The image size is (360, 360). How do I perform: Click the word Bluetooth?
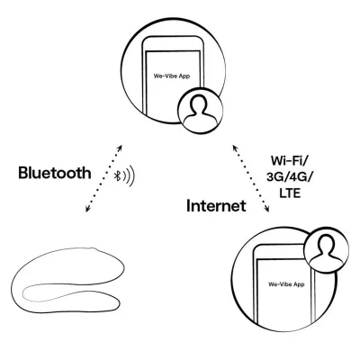pyautogui.click(x=55, y=173)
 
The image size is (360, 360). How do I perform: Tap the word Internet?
pyautogui.click(x=216, y=206)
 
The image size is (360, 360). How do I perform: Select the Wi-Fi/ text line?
pyautogui.click(x=289, y=161)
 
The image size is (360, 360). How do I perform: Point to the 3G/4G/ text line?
pyautogui.click(x=289, y=177)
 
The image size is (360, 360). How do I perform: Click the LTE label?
pyautogui.click(x=290, y=193)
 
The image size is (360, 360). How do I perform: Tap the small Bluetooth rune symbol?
pyautogui.click(x=118, y=175)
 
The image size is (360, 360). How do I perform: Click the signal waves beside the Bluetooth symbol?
pyautogui.click(x=130, y=175)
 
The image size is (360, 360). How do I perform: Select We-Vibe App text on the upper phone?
pyautogui.click(x=172, y=76)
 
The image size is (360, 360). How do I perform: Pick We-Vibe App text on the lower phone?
pyautogui.click(x=286, y=284)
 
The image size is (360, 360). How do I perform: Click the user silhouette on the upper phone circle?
pyautogui.click(x=199, y=112)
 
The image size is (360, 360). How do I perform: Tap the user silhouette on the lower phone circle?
pyautogui.click(x=328, y=250)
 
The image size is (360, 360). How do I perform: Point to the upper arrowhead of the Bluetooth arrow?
pyautogui.click(x=120, y=148)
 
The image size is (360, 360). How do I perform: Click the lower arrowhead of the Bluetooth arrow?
pyautogui.click(x=87, y=209)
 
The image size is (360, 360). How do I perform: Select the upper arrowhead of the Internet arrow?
pyautogui.click(x=235, y=148)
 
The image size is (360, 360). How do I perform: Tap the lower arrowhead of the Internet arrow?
pyautogui.click(x=266, y=209)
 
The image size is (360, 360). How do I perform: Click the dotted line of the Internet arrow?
pyautogui.click(x=250, y=179)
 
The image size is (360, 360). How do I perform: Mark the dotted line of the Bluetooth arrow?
pyautogui.click(x=103, y=179)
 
